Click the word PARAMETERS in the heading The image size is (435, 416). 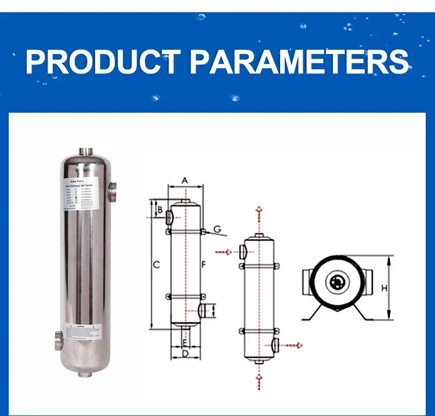point(299,62)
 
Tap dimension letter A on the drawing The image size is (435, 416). point(185,180)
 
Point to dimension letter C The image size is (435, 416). point(156,265)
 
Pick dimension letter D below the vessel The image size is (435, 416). point(185,353)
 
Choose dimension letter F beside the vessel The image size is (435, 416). point(203,265)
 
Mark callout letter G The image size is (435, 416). point(217,229)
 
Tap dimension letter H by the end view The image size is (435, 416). point(384,288)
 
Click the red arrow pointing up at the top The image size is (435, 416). point(259,211)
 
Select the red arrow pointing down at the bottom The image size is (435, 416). point(259,381)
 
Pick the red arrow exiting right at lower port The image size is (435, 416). point(292,346)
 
